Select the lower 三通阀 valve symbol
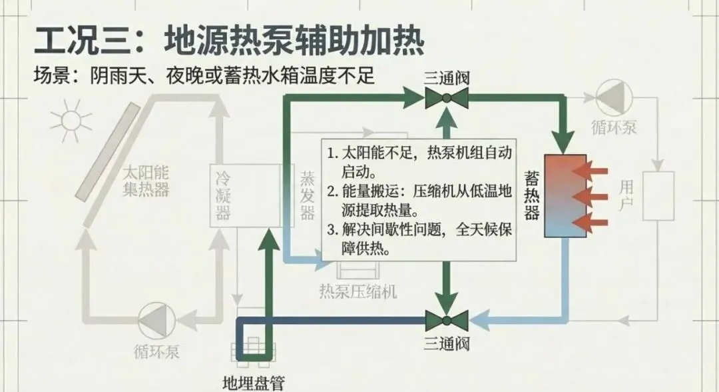pos(446,322)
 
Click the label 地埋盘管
pos(253,383)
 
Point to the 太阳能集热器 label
pos(145,180)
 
